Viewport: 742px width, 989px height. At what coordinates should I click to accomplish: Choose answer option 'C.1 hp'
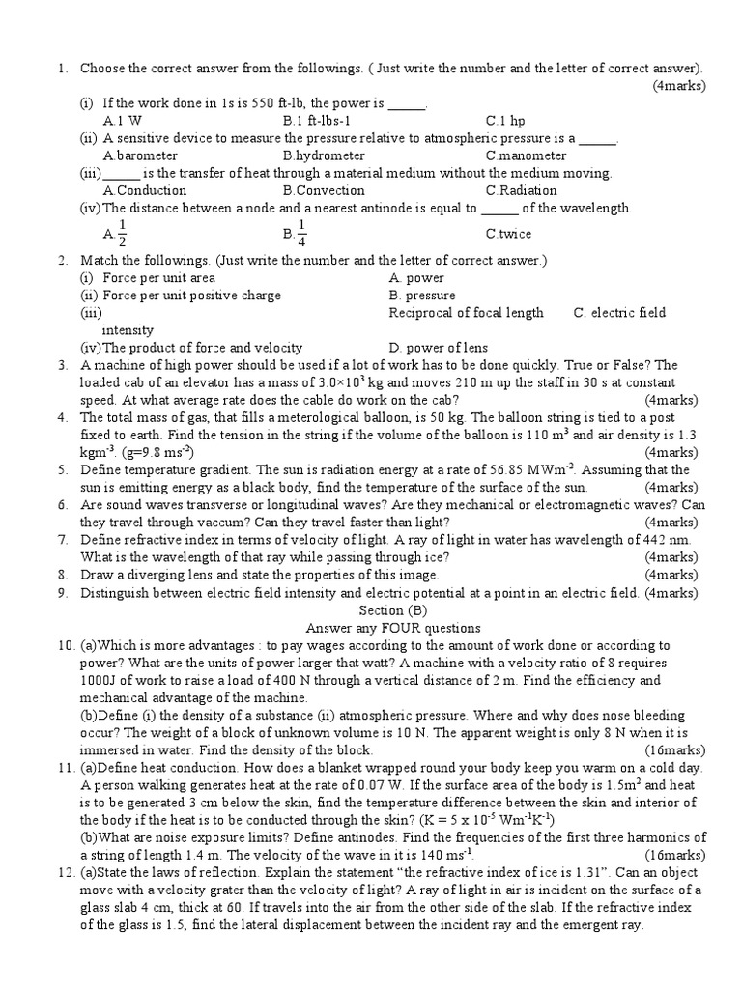point(505,121)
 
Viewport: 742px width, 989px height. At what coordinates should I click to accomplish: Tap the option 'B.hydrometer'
point(324,155)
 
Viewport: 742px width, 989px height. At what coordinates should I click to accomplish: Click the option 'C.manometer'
point(526,155)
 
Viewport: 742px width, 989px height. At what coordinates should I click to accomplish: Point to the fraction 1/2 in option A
point(121,233)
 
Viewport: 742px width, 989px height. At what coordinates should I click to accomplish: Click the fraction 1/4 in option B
point(301,233)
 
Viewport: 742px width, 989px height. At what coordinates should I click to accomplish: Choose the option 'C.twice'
point(508,234)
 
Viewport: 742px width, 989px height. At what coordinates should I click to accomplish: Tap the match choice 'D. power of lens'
point(438,347)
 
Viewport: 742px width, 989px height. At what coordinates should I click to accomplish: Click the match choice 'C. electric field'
point(619,312)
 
